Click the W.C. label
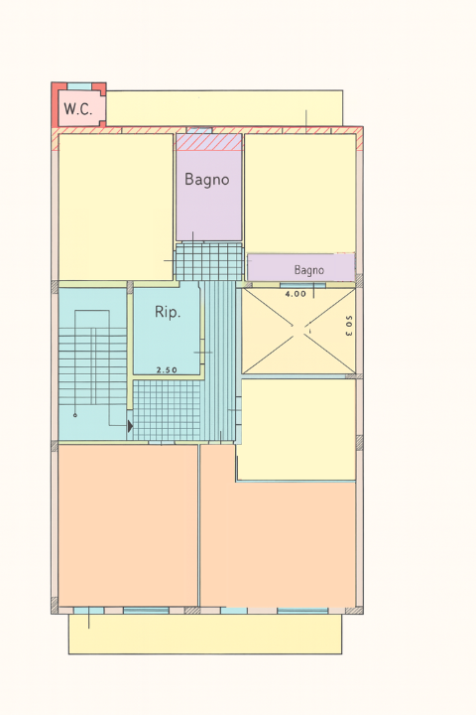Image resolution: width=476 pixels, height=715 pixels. pos(78,109)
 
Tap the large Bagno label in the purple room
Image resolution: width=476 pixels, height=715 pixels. pos(206,180)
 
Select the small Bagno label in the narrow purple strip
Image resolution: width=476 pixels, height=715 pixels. pos(308,269)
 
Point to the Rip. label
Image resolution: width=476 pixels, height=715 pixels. pos(168,312)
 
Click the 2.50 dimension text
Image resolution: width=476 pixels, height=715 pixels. pos(167,369)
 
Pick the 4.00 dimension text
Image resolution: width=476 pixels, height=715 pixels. pos(296,294)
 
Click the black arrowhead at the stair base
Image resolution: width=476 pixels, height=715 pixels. pos(129,426)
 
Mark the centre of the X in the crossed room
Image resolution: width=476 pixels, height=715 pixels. pos(298,331)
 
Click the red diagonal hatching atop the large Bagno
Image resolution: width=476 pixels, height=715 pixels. pos(208,142)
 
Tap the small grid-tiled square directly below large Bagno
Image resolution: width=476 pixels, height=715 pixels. pos(208,261)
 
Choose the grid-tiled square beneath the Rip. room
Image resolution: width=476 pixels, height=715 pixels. pos(167,409)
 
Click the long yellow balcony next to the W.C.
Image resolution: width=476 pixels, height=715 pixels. pos(224,108)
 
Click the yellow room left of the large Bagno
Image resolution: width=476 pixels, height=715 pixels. pos(116,207)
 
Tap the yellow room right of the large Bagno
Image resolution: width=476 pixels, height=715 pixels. pos(299,192)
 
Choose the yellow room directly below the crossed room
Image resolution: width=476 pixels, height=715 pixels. pos(297,429)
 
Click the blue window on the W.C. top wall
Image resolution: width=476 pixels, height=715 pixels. pos(78,86)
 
